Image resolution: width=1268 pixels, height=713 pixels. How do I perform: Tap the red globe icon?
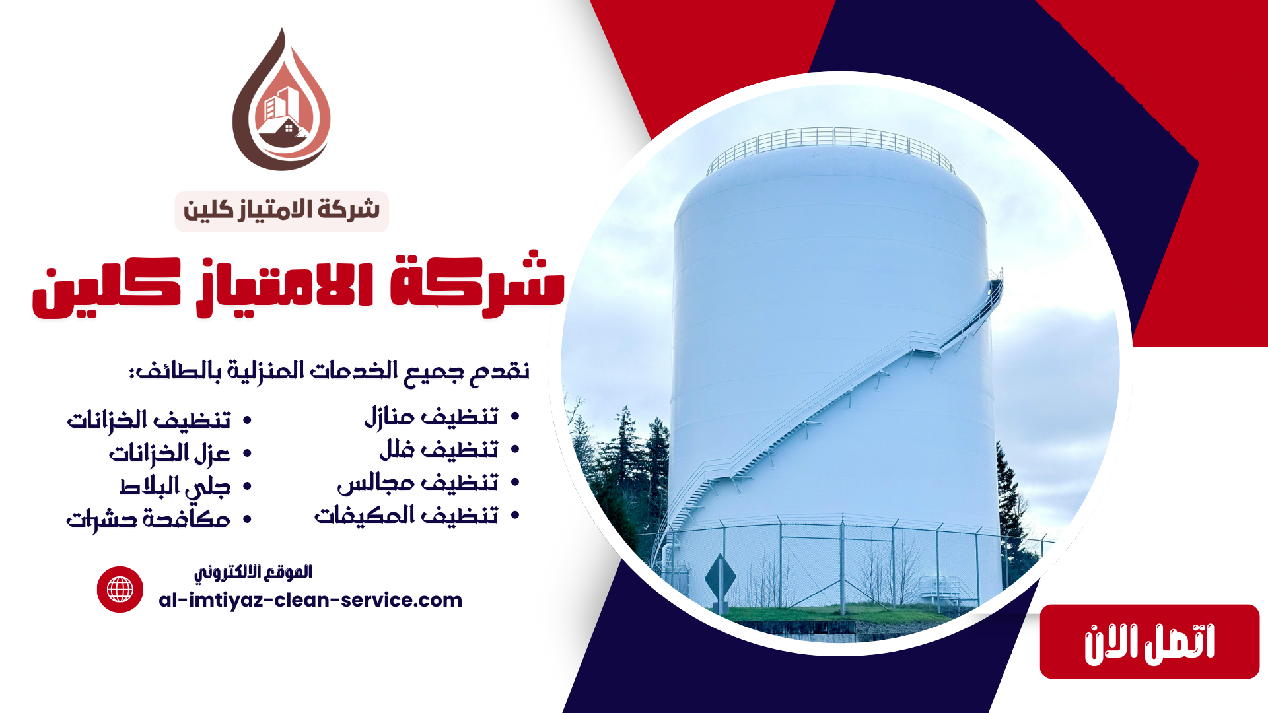[120, 590]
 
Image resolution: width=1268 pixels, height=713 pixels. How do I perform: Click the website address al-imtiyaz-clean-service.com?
[310, 600]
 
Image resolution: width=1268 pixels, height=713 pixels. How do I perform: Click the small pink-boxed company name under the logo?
[282, 211]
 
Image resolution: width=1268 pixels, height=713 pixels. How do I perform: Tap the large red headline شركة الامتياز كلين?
[299, 285]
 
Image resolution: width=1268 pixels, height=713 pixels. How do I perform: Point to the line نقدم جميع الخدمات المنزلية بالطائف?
[329, 370]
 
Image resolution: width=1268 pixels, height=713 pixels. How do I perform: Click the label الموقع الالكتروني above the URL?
[253, 572]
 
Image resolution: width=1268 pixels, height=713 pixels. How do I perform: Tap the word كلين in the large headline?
[106, 288]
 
